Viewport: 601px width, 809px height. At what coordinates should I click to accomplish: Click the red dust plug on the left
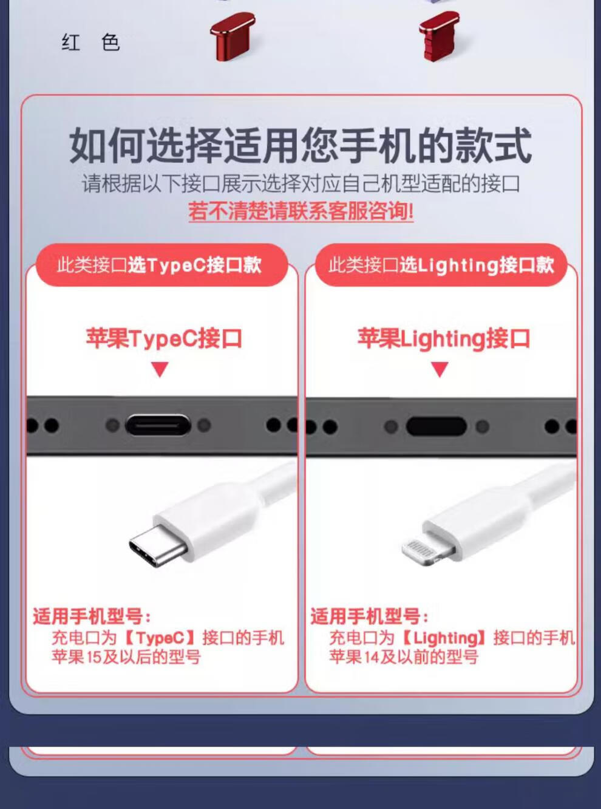(233, 36)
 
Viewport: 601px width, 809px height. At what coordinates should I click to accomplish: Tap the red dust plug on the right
(440, 36)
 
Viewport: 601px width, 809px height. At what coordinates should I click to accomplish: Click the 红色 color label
(90, 43)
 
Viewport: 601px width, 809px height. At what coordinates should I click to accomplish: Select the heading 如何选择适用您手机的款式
(300, 145)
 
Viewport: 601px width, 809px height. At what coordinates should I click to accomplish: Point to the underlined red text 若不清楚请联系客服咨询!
(301, 211)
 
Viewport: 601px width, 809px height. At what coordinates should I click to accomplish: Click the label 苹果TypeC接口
(164, 338)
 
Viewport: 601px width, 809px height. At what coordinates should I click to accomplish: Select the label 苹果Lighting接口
(443, 338)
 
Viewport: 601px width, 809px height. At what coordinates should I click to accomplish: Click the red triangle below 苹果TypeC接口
(160, 369)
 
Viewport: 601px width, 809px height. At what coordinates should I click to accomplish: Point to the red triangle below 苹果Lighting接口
(440, 369)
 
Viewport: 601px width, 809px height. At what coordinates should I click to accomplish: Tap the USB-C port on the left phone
(158, 425)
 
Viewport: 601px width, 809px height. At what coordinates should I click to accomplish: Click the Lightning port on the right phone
(436, 426)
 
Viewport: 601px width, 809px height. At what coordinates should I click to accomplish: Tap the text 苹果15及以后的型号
(126, 657)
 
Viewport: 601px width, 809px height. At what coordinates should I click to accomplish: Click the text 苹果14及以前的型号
(404, 657)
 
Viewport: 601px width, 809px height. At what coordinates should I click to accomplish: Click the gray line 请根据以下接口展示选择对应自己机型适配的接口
(301, 183)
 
